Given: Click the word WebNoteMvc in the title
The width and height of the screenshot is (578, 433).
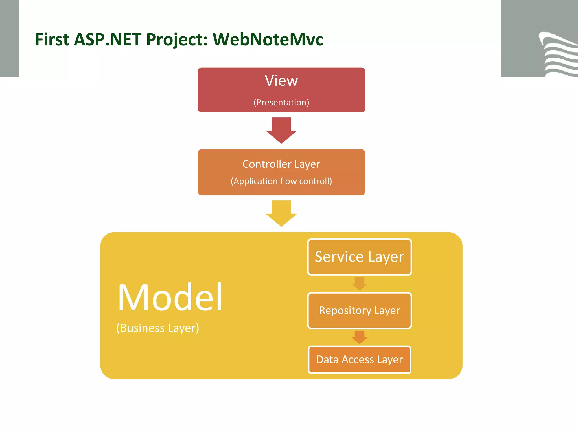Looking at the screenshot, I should [268, 39].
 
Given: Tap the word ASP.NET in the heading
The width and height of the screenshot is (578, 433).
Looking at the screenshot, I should [107, 39].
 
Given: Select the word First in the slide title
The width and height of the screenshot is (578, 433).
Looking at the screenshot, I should [52, 39].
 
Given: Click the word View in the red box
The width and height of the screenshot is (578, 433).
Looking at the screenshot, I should [281, 81].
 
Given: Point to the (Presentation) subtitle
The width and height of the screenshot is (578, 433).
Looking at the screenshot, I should [281, 102].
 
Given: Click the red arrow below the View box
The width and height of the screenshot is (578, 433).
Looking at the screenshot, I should [281, 130].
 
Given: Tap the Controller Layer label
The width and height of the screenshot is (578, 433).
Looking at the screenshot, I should [281, 164].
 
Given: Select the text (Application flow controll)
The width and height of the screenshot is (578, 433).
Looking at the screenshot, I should [281, 181].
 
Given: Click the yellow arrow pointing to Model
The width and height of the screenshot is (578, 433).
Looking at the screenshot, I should [281, 213].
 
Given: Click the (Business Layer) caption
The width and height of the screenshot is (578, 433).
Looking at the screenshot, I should [158, 328].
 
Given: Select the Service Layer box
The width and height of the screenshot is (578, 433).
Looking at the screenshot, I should [359, 257].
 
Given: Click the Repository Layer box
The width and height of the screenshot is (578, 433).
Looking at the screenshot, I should [359, 310].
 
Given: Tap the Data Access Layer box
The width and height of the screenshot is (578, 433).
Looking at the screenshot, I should [359, 359].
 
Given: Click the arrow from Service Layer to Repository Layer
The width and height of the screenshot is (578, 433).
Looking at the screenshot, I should [359, 284].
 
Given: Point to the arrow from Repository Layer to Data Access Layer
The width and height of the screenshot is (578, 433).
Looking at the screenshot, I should [359, 337].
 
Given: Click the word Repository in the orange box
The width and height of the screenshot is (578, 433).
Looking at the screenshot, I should [345, 311].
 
